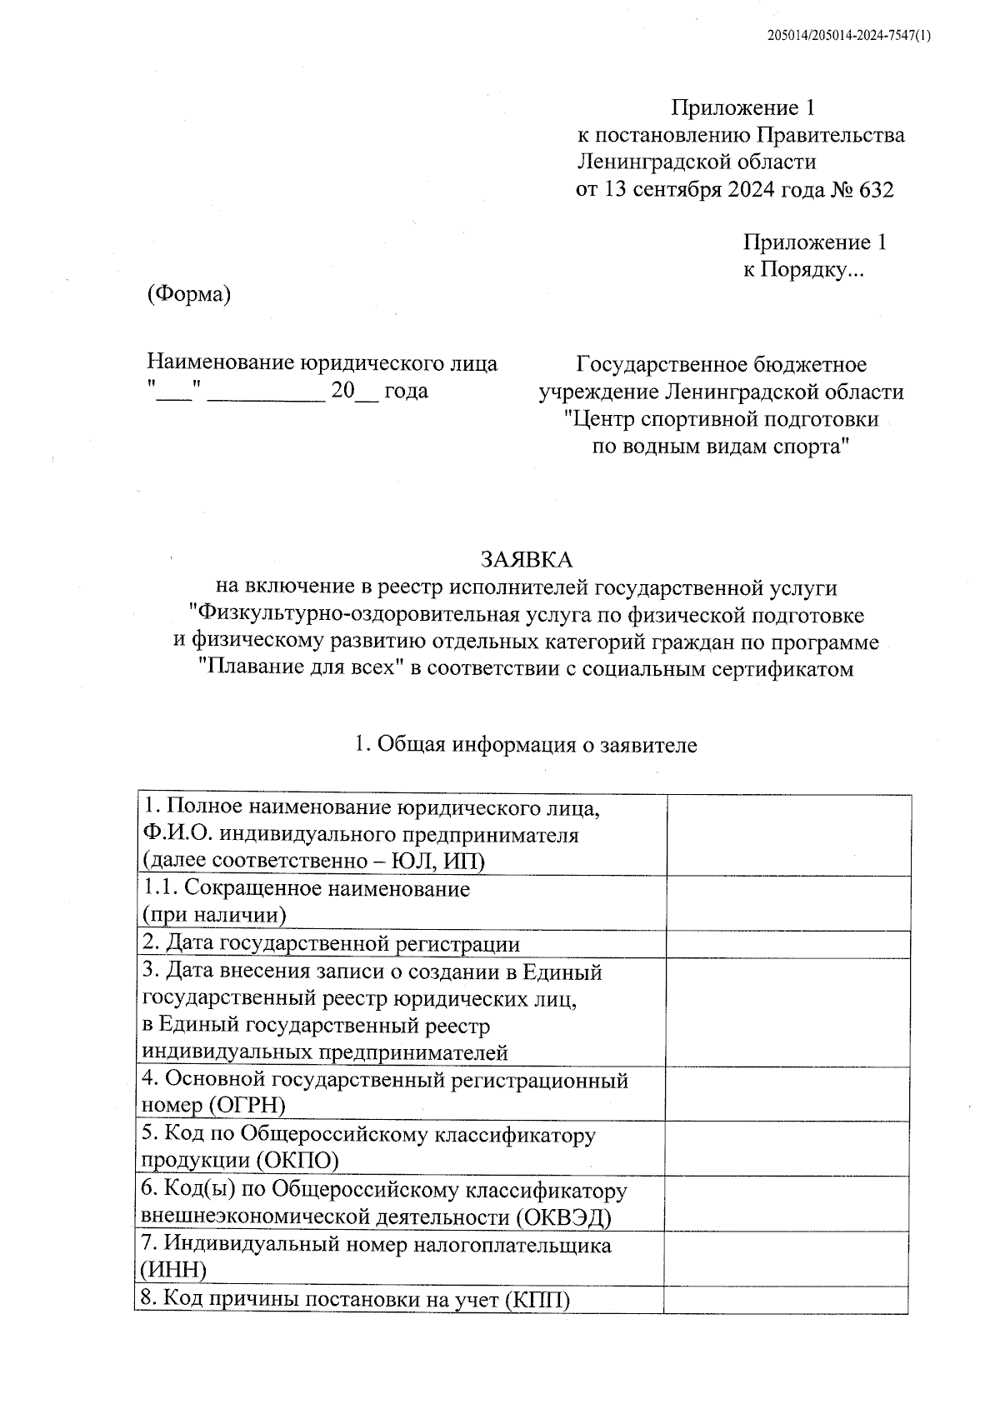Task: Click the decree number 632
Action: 874,190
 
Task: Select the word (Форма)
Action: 188,294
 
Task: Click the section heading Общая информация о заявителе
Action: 537,745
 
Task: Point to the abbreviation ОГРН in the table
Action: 247,1106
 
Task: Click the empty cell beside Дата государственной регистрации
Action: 787,944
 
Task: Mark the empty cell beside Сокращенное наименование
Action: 787,902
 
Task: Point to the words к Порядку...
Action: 805,270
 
